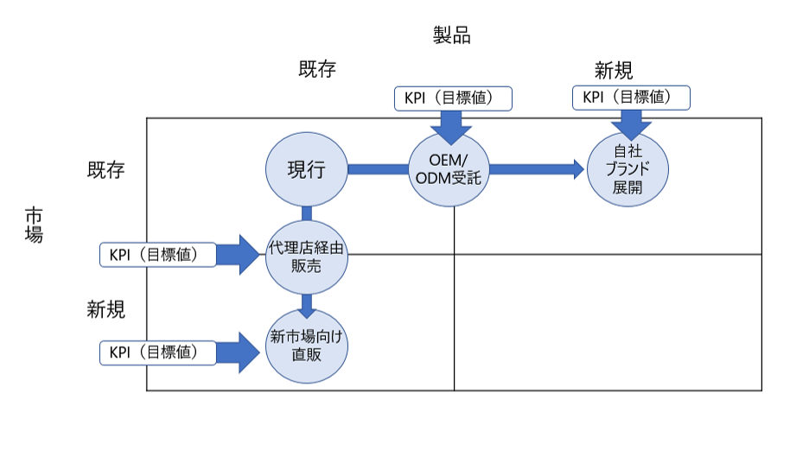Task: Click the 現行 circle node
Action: tap(306, 169)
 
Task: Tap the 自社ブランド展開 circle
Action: tap(628, 168)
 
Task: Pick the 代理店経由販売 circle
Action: tap(306, 256)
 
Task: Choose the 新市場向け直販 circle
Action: tap(306, 345)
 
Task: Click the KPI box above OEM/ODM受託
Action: tap(453, 98)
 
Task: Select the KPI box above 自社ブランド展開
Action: tap(632, 98)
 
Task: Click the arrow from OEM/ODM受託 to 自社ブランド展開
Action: tap(537, 169)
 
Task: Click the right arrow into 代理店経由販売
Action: tap(239, 255)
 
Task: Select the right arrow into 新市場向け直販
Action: tap(239, 352)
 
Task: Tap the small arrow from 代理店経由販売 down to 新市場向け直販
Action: tap(307, 305)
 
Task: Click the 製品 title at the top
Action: tap(451, 35)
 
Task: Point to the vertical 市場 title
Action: tap(34, 224)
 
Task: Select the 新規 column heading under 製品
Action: tap(614, 71)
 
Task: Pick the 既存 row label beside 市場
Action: tap(105, 169)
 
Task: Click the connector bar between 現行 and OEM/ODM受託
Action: tap(378, 169)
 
